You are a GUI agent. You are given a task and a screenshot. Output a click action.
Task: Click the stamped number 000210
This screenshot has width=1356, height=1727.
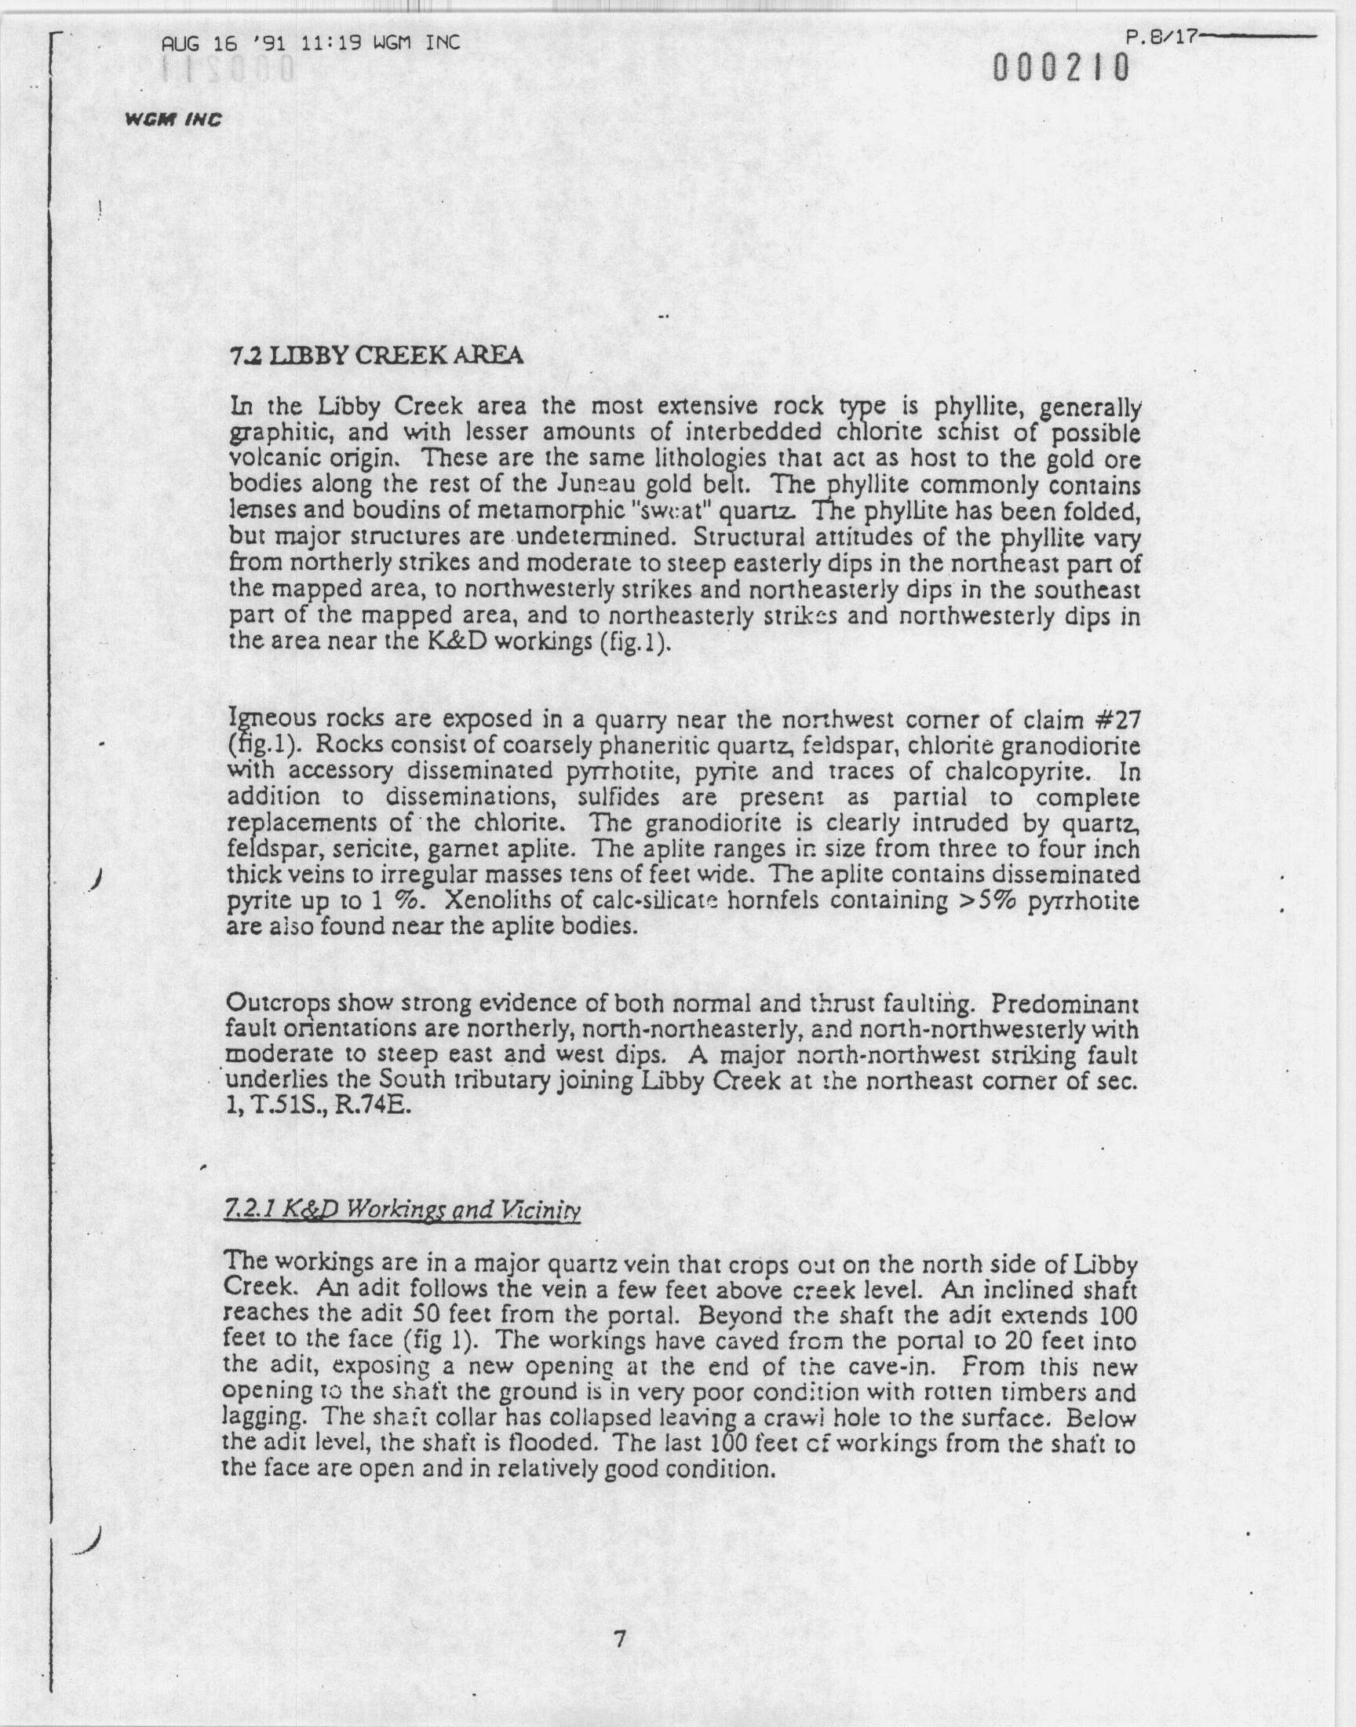[x=1061, y=69]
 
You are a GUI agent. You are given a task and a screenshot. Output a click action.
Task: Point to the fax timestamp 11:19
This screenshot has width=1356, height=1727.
[x=329, y=42]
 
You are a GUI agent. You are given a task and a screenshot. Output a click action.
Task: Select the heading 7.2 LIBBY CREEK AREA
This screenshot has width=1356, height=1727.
[x=376, y=356]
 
